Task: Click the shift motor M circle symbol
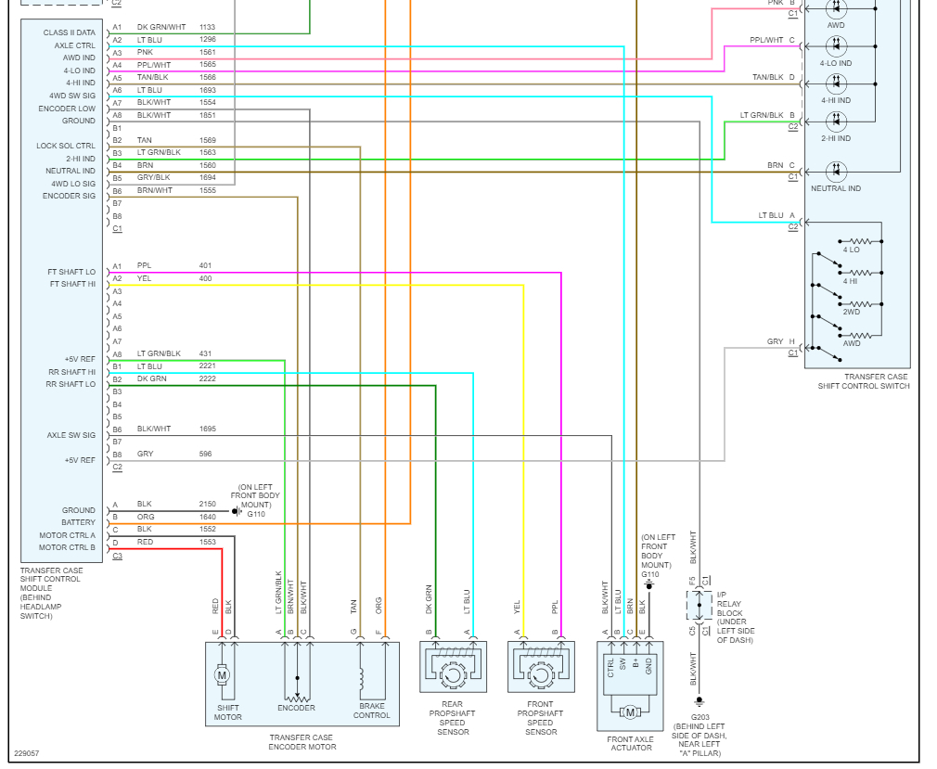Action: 222,675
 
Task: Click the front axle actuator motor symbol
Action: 630,711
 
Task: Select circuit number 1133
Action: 207,28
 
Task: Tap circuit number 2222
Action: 208,378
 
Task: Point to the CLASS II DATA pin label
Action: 69,32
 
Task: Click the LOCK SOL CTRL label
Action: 66,146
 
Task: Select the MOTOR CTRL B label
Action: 67,547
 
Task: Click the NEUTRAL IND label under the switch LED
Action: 835,188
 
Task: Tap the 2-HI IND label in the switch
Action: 836,137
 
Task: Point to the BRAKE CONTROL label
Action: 372,711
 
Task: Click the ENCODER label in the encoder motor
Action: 296,708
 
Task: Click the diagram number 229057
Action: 27,753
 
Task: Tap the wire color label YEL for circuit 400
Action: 144,278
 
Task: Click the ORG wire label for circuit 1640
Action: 145,517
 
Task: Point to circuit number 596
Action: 205,454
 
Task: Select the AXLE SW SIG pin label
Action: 71,435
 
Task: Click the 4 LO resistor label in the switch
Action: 851,250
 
